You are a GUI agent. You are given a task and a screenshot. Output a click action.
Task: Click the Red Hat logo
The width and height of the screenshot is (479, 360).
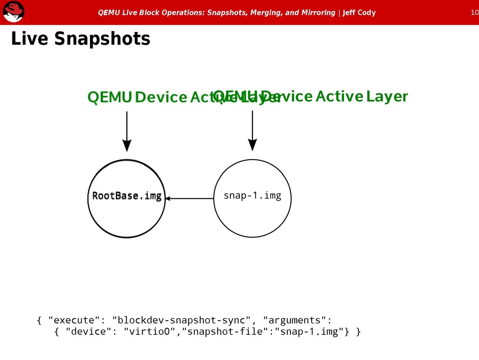[14, 12]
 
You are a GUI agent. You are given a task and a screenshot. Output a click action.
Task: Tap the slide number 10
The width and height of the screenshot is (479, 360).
[475, 12]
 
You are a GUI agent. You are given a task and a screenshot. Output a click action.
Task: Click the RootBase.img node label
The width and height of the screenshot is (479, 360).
[127, 196]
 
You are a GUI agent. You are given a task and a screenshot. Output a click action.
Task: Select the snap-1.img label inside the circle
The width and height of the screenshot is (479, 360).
[252, 196]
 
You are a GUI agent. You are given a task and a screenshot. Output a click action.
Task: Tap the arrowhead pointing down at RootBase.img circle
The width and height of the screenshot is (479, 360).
[127, 146]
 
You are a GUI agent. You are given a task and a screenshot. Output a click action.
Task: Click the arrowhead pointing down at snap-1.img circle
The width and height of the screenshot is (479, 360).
[252, 145]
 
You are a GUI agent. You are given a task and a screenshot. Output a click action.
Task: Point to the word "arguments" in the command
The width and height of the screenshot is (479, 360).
[295, 320]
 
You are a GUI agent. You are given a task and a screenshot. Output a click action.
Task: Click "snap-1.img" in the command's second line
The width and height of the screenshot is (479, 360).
[309, 332]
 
